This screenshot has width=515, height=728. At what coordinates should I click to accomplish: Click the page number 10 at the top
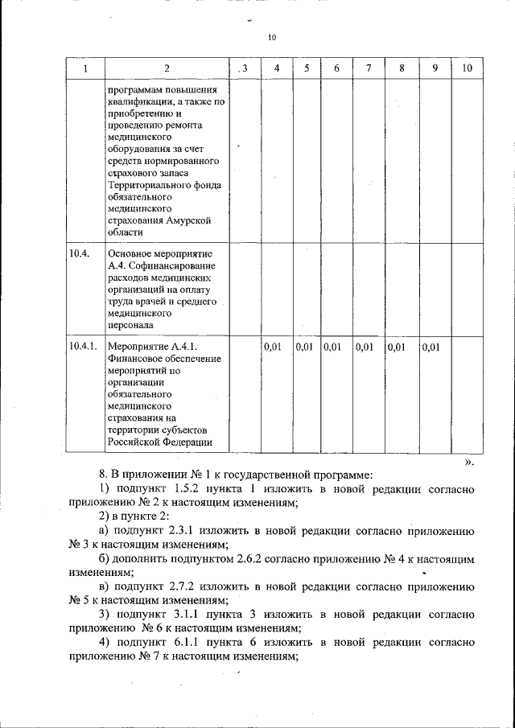tap(271, 38)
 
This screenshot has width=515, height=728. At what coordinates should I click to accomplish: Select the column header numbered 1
tap(84, 68)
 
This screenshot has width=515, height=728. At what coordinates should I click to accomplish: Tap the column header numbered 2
tap(166, 68)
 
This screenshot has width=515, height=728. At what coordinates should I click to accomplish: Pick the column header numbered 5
tap(307, 68)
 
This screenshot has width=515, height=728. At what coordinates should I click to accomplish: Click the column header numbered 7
tap(368, 68)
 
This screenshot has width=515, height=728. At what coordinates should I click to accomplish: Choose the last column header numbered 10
tap(467, 68)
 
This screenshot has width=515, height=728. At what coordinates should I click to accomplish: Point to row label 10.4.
tap(79, 253)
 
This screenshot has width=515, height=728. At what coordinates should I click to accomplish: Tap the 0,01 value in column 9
tap(432, 348)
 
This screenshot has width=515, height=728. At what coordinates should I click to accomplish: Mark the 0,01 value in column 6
tap(333, 348)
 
